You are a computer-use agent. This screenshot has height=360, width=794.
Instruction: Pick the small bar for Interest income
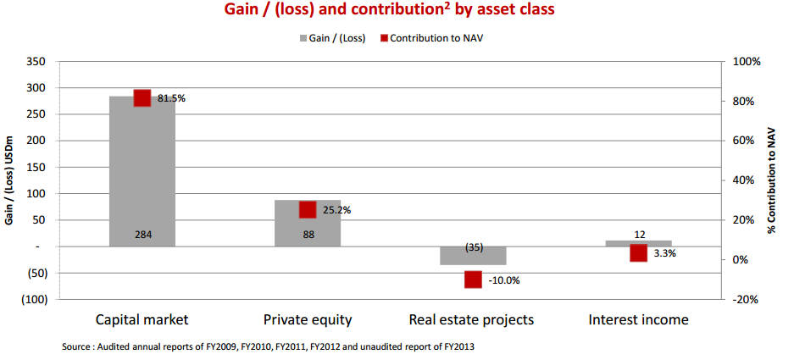tap(638, 243)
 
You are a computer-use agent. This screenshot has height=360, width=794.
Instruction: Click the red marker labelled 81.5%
tap(142, 97)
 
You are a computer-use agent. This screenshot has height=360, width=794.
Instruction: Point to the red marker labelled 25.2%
tap(308, 209)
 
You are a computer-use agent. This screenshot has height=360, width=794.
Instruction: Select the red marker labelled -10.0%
tap(473, 280)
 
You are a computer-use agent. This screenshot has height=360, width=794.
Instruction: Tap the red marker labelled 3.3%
tap(638, 252)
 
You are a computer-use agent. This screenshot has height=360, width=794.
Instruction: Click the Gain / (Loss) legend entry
tap(331, 39)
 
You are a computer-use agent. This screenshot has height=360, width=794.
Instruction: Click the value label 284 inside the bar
tap(142, 235)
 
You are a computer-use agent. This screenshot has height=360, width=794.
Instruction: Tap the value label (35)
tap(474, 247)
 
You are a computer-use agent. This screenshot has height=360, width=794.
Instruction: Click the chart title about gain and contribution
tap(398, 12)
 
